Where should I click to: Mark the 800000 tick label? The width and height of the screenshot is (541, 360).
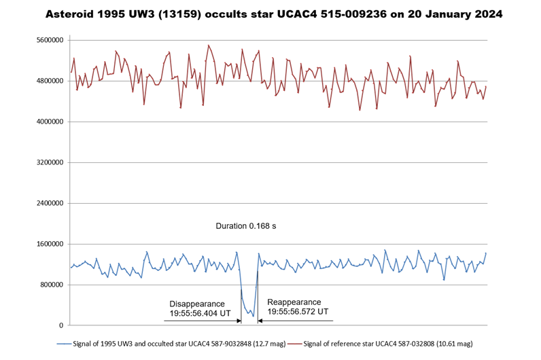[x=51, y=285]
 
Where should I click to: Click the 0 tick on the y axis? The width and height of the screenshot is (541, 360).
[x=61, y=326]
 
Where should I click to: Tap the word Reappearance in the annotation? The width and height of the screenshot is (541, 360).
[x=294, y=302]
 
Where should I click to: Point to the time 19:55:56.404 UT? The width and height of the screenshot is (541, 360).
[x=200, y=314]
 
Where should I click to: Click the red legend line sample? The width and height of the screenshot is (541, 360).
[x=293, y=344]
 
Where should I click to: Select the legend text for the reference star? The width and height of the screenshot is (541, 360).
[x=388, y=344]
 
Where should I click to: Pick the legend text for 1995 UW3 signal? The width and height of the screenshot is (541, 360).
[x=182, y=344]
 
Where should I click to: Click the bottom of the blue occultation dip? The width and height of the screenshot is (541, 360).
[x=253, y=317]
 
